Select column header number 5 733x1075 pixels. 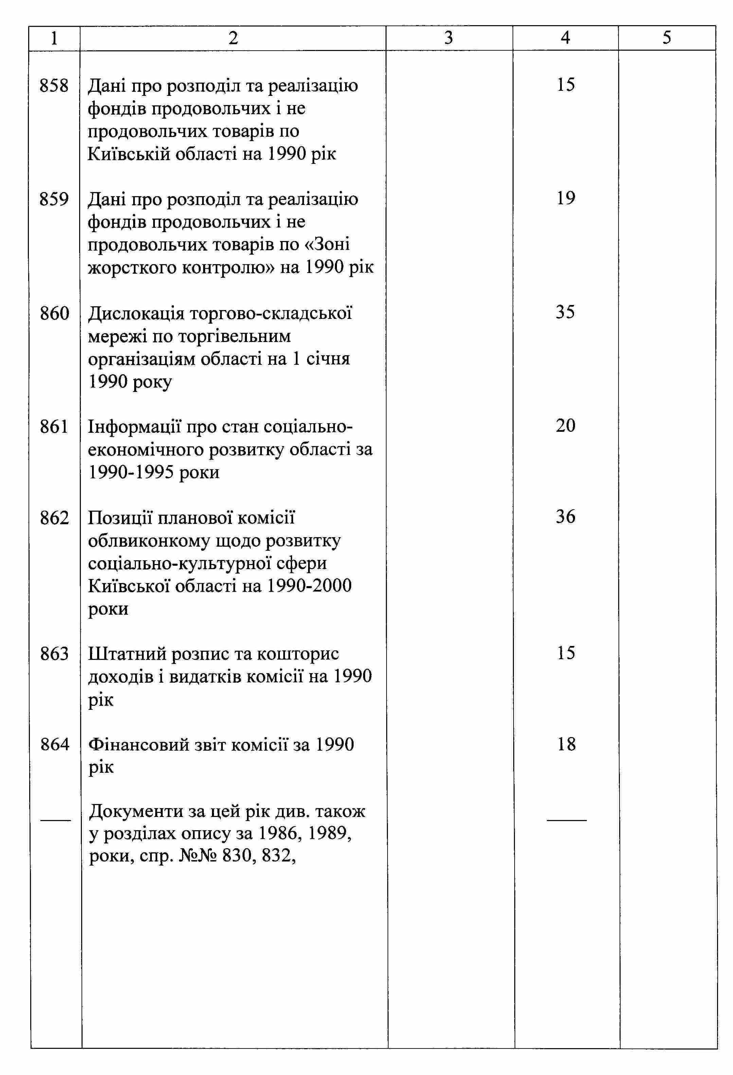pyautogui.click(x=666, y=38)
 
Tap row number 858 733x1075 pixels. pyautogui.click(x=54, y=86)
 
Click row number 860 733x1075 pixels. pyautogui.click(x=54, y=313)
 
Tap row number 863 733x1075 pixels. pyautogui.click(x=54, y=654)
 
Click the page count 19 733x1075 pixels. pyautogui.click(x=566, y=199)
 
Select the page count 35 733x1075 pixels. pyautogui.click(x=565, y=312)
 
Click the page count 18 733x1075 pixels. pyautogui.click(x=566, y=744)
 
